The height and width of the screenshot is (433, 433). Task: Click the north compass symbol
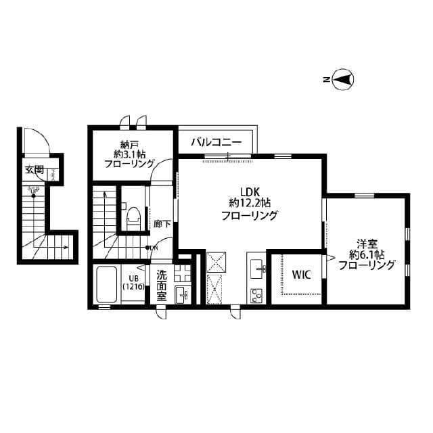pyautogui.click(x=344, y=80)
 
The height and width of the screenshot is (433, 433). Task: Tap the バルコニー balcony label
pyautogui.click(x=216, y=142)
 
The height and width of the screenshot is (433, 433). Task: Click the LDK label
pyautogui.click(x=249, y=190)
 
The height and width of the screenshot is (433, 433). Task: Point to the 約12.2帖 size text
pyautogui.click(x=249, y=203)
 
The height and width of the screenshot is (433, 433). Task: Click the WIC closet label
pyautogui.click(x=300, y=275)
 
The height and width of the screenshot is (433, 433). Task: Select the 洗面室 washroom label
pyautogui.click(x=162, y=286)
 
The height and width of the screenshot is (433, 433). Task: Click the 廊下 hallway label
pyautogui.click(x=162, y=224)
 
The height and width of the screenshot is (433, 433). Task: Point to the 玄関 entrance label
pyautogui.click(x=35, y=170)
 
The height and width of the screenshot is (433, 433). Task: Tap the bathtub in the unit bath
pyautogui.click(x=107, y=285)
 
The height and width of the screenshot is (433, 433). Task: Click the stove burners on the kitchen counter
pyautogui.click(x=257, y=294)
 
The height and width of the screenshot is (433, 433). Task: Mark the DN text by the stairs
pyautogui.click(x=154, y=248)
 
